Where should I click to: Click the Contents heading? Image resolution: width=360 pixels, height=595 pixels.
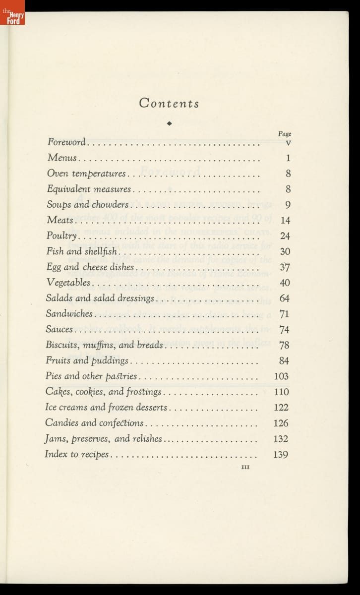[169, 103]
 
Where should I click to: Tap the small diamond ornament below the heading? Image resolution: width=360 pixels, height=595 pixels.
[169, 123]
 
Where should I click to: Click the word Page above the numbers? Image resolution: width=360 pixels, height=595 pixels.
[284, 134]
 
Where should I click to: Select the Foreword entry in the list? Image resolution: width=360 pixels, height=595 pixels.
[66, 142]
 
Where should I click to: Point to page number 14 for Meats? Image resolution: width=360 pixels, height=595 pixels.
[285, 221]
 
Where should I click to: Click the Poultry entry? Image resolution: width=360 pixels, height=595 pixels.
[61, 236]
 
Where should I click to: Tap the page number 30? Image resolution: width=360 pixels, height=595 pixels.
[285, 252]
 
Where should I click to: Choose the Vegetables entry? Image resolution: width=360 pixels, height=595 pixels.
[68, 283]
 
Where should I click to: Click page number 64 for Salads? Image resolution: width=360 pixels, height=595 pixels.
[285, 298]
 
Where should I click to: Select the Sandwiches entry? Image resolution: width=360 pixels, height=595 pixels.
[69, 314]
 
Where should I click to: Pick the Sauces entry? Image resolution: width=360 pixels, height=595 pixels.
[59, 329]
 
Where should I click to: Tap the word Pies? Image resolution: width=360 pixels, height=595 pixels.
[54, 376]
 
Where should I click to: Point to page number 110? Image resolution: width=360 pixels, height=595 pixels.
[281, 392]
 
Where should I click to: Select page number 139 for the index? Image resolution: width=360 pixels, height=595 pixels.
[281, 454]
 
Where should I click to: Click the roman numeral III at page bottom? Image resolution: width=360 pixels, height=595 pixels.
[245, 467]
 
